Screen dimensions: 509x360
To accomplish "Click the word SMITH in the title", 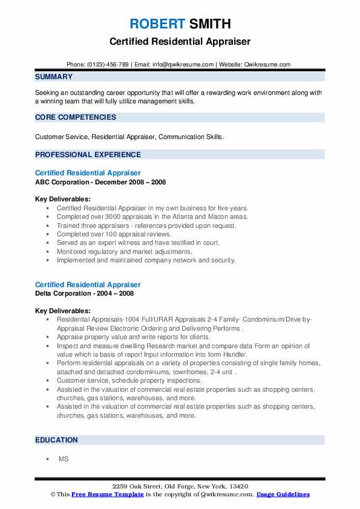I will (209, 24).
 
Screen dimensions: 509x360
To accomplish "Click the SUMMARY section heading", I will (54, 77).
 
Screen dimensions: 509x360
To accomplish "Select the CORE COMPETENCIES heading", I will (76, 117).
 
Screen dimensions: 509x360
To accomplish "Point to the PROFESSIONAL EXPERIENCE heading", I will (88, 154).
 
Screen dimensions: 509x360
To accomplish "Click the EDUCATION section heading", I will (57, 440).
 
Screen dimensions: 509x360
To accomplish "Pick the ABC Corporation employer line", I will (100, 182).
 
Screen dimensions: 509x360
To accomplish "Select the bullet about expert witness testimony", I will (138, 242).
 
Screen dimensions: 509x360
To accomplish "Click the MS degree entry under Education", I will (64, 459).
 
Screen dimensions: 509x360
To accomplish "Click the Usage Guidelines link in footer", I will (283, 494).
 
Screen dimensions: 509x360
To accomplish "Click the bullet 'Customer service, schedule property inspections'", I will (129, 381).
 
